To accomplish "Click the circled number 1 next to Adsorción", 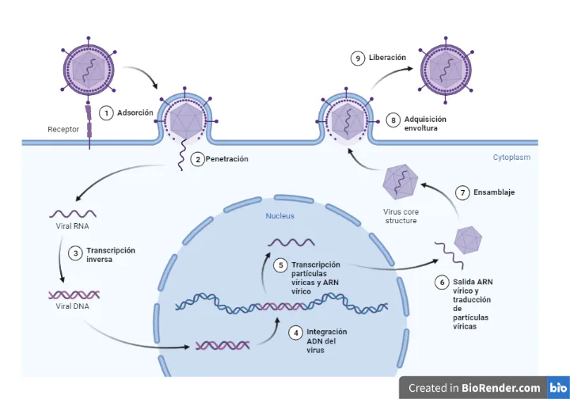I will click(x=106, y=113).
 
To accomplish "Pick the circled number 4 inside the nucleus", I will click(x=295, y=333).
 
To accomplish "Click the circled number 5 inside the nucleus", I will click(x=280, y=265).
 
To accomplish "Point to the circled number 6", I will click(x=442, y=282).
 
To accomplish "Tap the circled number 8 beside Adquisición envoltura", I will click(x=393, y=120).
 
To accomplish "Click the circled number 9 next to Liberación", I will click(x=358, y=58).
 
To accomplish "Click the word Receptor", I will click(x=63, y=129).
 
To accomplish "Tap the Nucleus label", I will click(x=279, y=215).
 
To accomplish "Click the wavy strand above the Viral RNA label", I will click(x=74, y=213).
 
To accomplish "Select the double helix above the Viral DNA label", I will click(x=74, y=294).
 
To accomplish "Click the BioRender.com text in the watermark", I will click(x=501, y=388).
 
